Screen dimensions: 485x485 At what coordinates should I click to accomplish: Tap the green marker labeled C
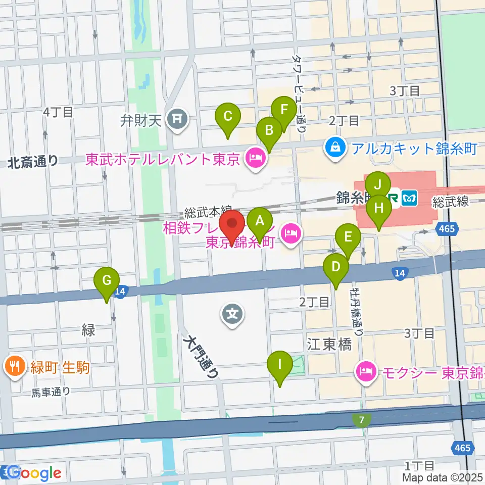(227, 117)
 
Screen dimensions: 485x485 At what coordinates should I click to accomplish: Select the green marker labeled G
(107, 280)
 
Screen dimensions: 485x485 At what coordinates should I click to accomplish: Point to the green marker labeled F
(284, 110)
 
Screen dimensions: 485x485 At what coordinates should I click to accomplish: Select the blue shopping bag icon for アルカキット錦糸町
(334, 148)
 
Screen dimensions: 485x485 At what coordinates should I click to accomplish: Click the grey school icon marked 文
(232, 315)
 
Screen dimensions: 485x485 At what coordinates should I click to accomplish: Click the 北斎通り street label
(32, 162)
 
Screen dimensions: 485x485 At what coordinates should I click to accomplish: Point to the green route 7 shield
(362, 419)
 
